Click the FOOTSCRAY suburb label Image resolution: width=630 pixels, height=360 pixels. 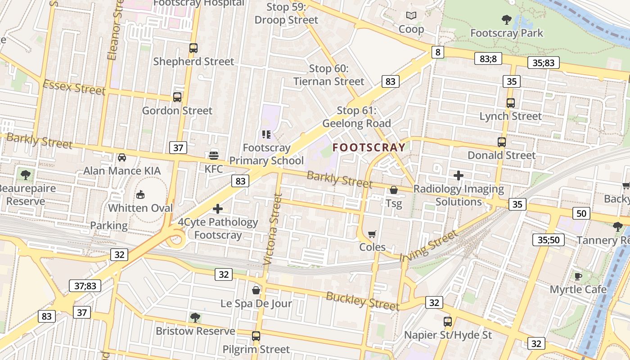369,147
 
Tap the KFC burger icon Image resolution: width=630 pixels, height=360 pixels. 214,155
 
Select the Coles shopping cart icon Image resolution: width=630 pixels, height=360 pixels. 372,234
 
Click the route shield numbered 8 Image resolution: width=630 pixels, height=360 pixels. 437,52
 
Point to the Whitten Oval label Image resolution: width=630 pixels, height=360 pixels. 140,208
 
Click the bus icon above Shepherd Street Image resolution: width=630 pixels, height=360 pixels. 193,48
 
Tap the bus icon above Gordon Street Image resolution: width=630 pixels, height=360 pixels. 177,97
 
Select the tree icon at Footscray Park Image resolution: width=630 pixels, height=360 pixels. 506,19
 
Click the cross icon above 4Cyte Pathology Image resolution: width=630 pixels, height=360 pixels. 218,209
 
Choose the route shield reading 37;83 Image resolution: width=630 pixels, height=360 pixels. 85,286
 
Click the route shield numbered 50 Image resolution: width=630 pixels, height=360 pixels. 581,213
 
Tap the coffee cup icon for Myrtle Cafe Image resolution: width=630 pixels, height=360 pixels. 578,276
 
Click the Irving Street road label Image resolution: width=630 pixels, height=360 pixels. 428,245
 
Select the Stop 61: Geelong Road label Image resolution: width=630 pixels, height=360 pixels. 356,117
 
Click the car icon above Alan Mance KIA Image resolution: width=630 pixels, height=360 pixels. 122,157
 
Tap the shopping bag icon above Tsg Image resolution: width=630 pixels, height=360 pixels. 394,190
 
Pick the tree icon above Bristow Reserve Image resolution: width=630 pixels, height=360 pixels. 195,318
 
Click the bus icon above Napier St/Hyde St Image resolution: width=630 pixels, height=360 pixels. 448,321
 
